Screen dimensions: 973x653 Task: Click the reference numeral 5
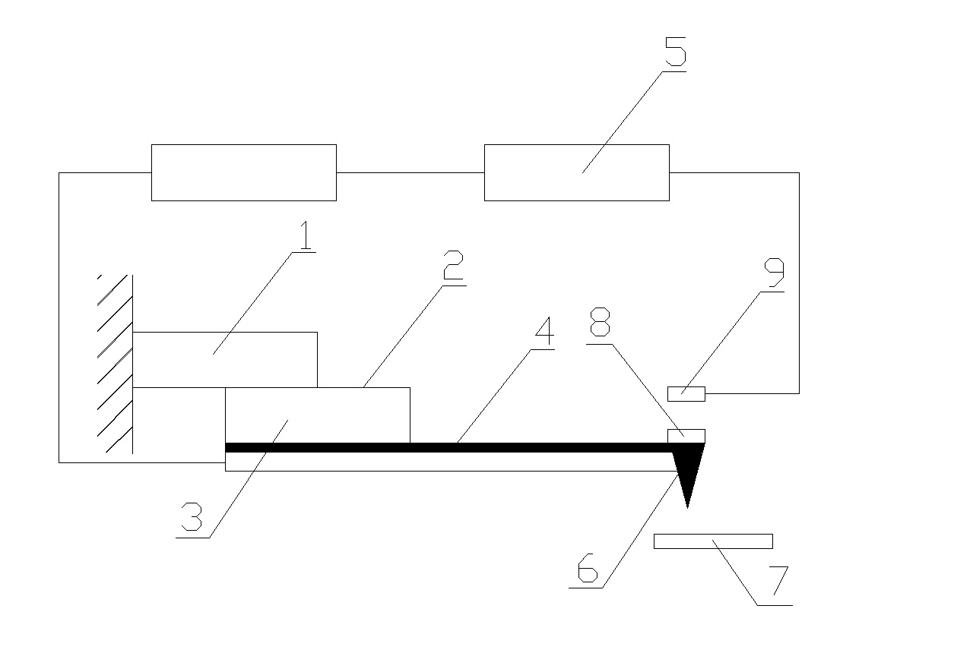(x=676, y=52)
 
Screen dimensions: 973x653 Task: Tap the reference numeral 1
(x=306, y=235)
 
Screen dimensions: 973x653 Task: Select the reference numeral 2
(x=453, y=265)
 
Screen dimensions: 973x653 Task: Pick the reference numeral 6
(x=588, y=568)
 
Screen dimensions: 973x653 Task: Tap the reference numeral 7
(x=778, y=581)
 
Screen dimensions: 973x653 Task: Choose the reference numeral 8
(x=600, y=322)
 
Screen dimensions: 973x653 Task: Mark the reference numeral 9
(x=775, y=273)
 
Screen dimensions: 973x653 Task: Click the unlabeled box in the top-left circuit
(x=244, y=172)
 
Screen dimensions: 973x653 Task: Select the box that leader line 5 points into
(x=577, y=172)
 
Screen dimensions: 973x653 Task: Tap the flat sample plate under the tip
(x=713, y=541)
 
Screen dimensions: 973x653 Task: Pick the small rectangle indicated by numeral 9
(x=686, y=394)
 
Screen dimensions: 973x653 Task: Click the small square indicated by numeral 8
(x=686, y=436)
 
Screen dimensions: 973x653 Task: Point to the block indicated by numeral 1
(x=224, y=360)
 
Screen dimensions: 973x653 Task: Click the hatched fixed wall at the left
(x=116, y=364)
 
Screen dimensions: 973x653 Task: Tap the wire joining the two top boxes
(x=410, y=172)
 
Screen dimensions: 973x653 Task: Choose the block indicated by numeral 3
(x=318, y=415)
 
